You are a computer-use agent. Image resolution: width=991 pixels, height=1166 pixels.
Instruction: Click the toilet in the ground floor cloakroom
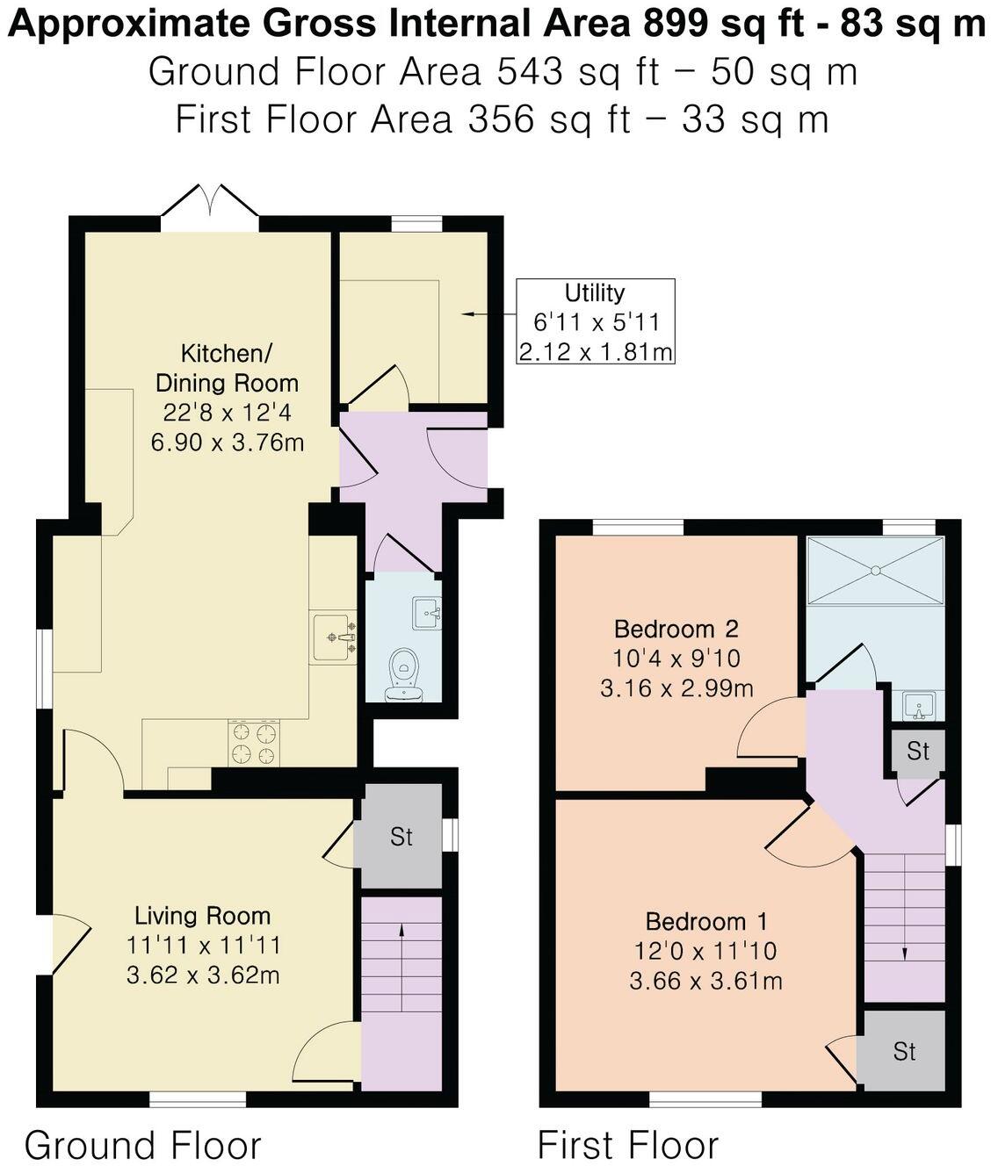(x=404, y=676)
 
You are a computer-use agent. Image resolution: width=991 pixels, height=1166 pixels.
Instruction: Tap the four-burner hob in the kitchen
(x=253, y=743)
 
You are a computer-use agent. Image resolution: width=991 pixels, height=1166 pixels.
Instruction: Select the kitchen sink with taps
(x=334, y=637)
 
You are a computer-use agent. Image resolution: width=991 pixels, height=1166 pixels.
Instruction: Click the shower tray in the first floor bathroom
(x=875, y=570)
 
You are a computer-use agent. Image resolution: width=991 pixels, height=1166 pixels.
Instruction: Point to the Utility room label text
(x=595, y=293)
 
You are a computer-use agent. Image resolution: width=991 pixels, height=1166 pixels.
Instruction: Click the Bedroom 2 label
(x=676, y=629)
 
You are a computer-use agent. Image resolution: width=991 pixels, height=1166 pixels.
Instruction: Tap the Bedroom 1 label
(x=705, y=921)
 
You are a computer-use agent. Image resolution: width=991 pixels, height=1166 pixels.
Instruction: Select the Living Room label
(x=202, y=916)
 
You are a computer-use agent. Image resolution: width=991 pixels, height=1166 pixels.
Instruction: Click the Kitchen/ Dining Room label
(x=227, y=368)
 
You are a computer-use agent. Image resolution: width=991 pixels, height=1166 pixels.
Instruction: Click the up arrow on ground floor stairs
(x=402, y=966)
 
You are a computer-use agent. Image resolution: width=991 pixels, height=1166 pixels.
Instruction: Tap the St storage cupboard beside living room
(x=401, y=837)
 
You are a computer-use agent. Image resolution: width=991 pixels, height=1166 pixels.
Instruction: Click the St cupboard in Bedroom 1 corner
(x=904, y=1051)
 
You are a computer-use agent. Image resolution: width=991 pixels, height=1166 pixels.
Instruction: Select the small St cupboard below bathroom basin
(x=918, y=751)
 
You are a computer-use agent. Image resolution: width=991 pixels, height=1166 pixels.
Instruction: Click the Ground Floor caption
(x=142, y=1145)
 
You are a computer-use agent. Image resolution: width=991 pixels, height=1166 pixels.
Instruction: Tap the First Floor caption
(x=627, y=1145)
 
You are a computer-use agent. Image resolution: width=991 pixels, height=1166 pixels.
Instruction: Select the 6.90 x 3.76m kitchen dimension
(x=227, y=442)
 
